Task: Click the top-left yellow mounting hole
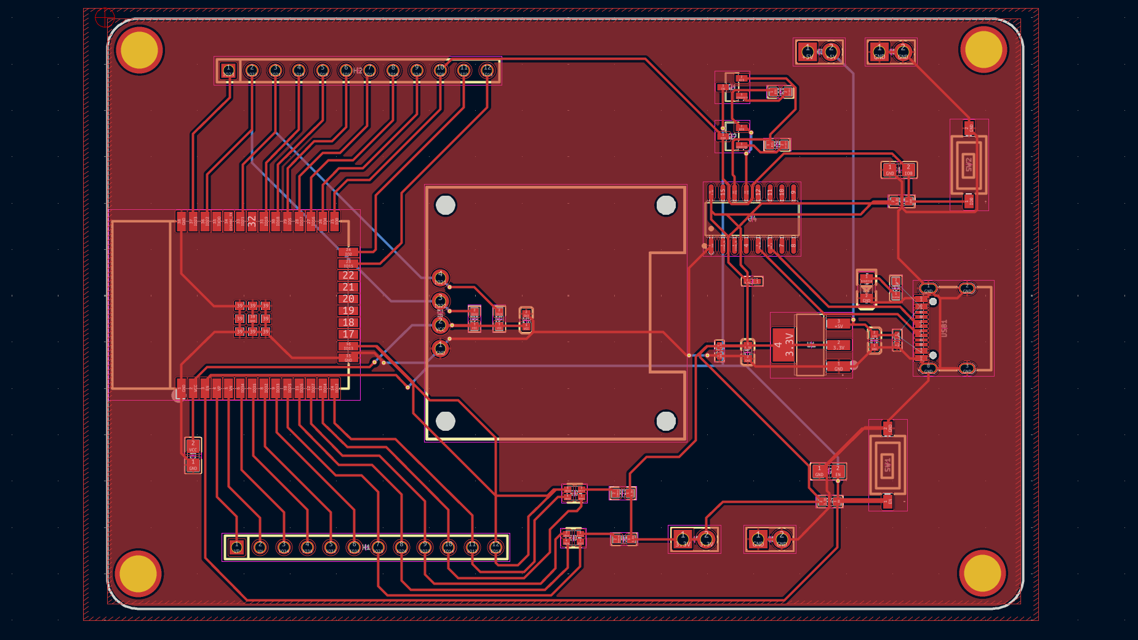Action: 139,50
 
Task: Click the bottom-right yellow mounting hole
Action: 982,573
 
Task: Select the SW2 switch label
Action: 969,164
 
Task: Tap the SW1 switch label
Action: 887,465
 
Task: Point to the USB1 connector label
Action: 944,328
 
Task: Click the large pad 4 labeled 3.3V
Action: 783,345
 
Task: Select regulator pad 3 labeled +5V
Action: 838,324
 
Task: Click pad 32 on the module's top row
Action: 252,222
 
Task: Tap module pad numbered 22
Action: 348,275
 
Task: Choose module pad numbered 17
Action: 348,334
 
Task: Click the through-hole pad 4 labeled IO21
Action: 440,278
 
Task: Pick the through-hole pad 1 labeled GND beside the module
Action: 440,348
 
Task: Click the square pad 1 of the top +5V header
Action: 807,52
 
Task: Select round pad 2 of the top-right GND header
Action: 903,52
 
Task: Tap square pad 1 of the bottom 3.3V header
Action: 682,540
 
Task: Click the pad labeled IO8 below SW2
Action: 969,201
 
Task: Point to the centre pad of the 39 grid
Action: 252,319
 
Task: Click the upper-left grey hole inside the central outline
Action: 445,205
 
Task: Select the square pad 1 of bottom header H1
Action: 236,547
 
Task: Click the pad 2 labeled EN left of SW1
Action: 838,471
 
